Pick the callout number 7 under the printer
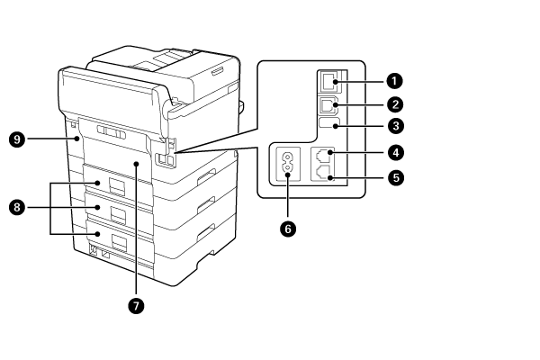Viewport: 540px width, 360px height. tap(136, 305)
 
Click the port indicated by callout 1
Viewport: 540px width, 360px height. tap(328, 81)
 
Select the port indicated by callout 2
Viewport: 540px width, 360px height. tap(328, 103)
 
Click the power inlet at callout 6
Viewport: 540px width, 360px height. tap(289, 165)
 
